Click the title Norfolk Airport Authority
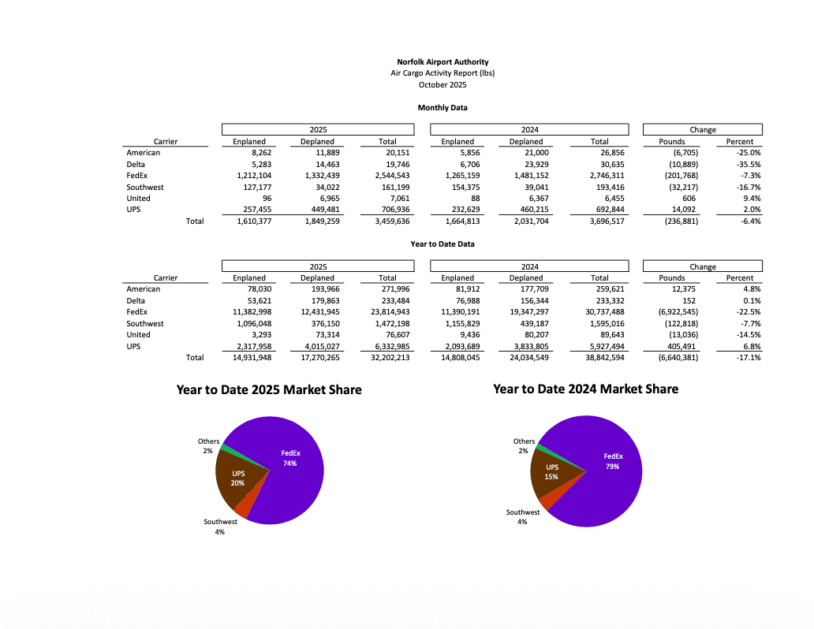[442, 61]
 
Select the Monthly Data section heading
[442, 107]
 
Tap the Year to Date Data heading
[442, 244]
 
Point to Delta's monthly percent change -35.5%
[744, 164]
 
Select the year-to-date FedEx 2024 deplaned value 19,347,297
[525, 312]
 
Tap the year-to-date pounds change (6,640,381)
[672, 358]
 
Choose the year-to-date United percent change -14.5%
[744, 335]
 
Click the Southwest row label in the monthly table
[145, 187]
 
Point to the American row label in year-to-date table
[143, 289]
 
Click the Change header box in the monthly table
[703, 130]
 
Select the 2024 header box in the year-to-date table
[529, 266]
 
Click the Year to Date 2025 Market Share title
[269, 390]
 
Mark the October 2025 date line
[442, 84]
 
